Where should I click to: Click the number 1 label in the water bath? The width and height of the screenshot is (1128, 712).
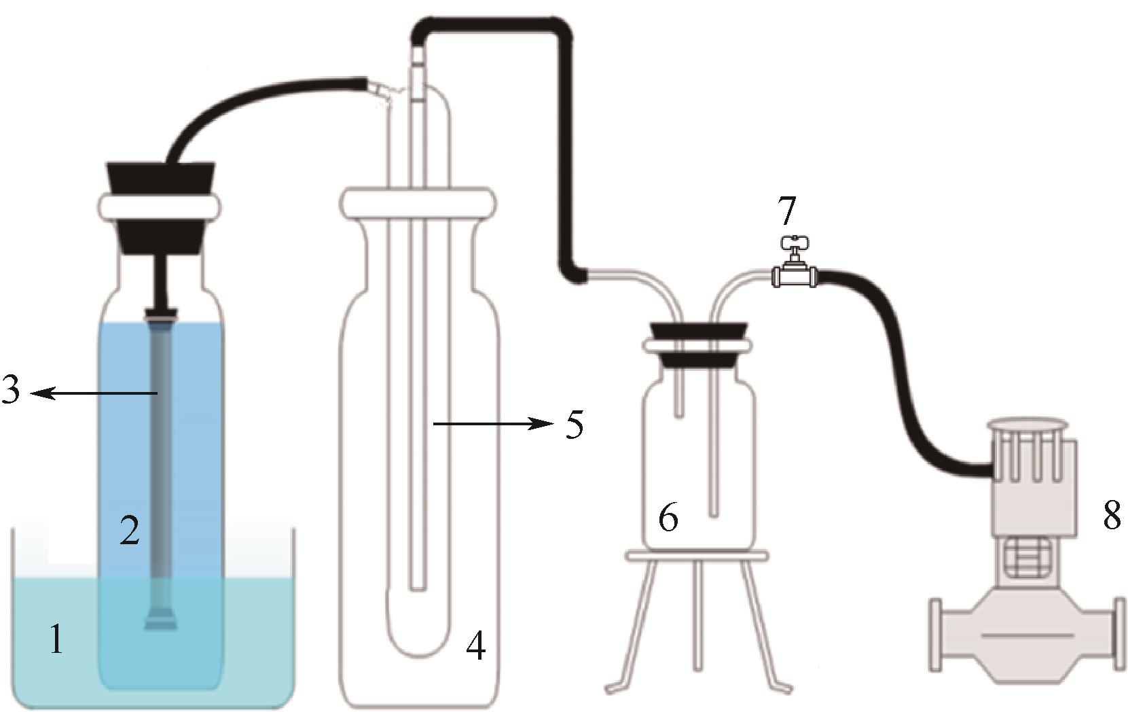tap(57, 639)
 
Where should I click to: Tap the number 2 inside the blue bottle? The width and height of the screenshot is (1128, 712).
tap(129, 531)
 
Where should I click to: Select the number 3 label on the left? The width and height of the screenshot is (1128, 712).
tap(11, 393)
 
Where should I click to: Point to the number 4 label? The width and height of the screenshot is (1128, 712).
tap(475, 646)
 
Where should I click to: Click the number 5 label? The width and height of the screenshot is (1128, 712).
tap(574, 425)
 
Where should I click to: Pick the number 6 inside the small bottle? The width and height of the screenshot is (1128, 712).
tap(668, 519)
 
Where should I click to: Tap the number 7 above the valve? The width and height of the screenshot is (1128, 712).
tap(786, 211)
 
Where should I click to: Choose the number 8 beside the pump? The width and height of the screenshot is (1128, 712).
tap(1111, 516)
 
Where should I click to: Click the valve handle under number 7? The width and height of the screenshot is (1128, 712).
tap(794, 243)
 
